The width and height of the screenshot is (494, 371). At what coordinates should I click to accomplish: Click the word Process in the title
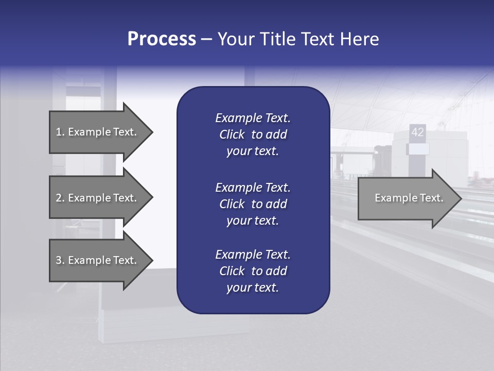[x=162, y=39]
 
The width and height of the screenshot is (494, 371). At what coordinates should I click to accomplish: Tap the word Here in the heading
[x=359, y=39]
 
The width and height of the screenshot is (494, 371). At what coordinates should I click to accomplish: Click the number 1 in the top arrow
[x=59, y=132]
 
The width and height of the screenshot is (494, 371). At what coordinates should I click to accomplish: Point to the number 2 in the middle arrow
[x=59, y=198]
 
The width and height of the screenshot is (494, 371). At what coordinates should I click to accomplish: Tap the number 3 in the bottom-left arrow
[x=59, y=260]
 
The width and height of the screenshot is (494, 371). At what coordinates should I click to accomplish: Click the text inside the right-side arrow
[x=409, y=198]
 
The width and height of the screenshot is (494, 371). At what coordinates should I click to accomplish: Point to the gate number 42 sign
[x=417, y=132]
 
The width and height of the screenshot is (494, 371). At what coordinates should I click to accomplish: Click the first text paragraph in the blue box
[x=253, y=134]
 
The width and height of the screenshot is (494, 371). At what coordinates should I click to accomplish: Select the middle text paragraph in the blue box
[x=253, y=204]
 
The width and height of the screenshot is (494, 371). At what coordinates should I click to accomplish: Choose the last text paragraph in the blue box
[x=253, y=271]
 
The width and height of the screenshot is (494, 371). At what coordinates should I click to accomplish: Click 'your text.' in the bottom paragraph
[x=253, y=288]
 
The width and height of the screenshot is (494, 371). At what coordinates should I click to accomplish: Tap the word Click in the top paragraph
[x=232, y=134]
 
